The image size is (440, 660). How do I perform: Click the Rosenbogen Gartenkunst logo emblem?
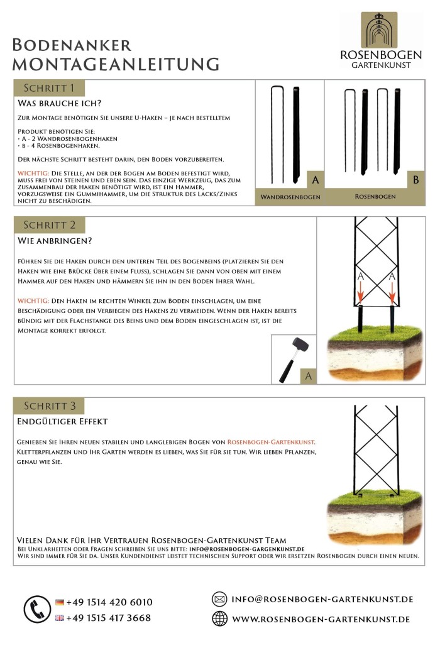click(x=379, y=30)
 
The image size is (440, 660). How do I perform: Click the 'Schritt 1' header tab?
click(x=49, y=87)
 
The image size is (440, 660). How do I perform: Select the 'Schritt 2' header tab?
click(x=49, y=225)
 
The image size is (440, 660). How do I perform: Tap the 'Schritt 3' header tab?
click(x=49, y=405)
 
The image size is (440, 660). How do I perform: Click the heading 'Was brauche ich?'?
click(x=60, y=102)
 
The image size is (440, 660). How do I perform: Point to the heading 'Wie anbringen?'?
click(x=55, y=240)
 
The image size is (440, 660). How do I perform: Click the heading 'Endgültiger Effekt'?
click(x=62, y=421)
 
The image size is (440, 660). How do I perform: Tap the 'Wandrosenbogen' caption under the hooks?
click(x=290, y=197)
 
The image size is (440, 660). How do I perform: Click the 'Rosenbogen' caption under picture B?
click(x=375, y=197)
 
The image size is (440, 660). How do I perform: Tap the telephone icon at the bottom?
click(x=37, y=609)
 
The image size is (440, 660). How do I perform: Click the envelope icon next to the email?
click(x=219, y=599)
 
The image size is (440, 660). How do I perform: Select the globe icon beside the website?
click(x=219, y=619)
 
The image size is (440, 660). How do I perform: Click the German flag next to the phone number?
click(x=60, y=602)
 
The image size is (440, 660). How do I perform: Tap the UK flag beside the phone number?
click(x=60, y=618)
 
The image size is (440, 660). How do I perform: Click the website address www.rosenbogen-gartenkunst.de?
click(x=321, y=619)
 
